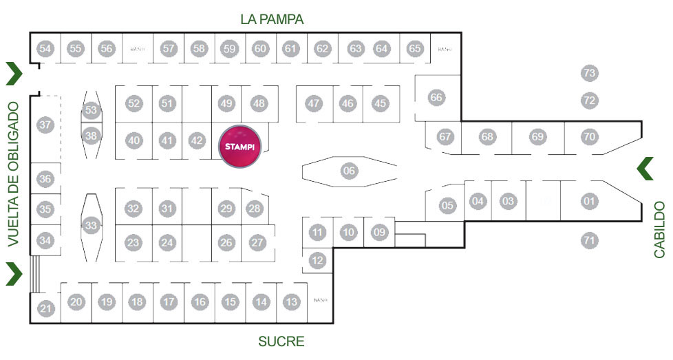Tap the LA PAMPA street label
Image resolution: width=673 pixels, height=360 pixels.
tap(272, 19)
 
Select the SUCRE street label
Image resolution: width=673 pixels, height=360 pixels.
tap(281, 341)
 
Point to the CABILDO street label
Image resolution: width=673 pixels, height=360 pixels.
tap(659, 230)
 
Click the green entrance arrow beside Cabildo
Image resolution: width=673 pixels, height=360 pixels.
tap(645, 169)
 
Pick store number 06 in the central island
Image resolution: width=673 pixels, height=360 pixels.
tap(349, 171)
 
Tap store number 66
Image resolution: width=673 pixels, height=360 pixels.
tap(436, 98)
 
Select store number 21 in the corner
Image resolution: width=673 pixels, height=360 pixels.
tap(45, 309)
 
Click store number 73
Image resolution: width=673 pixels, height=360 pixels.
tap(588, 73)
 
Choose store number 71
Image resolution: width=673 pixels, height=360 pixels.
tap(588, 241)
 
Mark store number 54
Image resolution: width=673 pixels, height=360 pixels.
tap(45, 48)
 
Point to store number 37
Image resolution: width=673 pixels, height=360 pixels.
tap(45, 125)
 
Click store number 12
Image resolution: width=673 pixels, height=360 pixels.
tap(317, 261)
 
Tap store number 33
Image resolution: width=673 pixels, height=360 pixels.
tap(92, 224)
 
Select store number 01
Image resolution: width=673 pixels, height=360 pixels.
tap(588, 202)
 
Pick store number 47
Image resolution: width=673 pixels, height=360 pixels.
tap(314, 104)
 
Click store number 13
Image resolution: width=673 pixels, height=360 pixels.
tap(292, 301)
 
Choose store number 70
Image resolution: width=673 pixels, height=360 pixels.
tap(588, 137)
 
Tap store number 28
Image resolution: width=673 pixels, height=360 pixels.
tap(255, 209)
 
